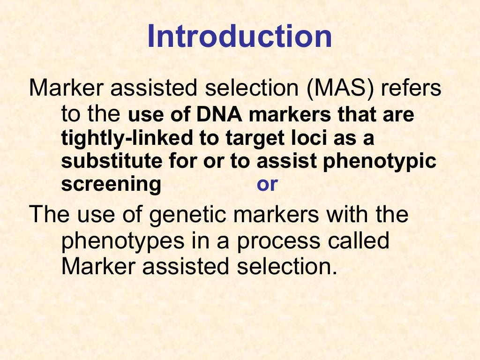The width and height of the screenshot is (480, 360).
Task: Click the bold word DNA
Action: pos(217,116)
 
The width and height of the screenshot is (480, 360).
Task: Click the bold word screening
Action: pos(111,185)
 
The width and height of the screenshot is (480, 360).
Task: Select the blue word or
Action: pos(267,185)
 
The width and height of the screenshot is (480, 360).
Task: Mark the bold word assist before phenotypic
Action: pos(284,161)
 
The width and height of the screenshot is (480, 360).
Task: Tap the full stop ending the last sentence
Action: pos(334,273)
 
